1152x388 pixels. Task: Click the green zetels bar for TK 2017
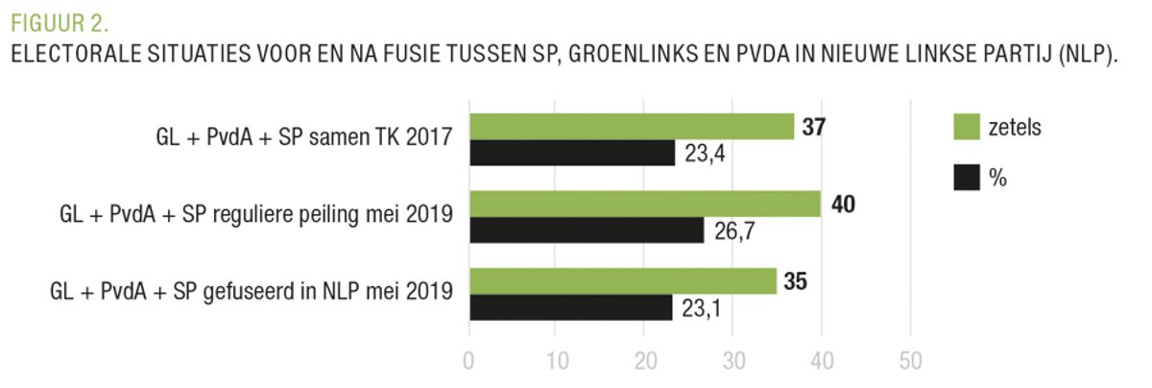click(631, 127)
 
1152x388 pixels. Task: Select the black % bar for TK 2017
click(571, 153)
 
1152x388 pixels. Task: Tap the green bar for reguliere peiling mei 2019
click(644, 204)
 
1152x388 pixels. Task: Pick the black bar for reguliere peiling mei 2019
click(586, 230)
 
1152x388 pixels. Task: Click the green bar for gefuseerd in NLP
click(622, 280)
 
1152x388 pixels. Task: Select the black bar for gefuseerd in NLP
click(570, 306)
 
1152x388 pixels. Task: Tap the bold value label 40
click(842, 204)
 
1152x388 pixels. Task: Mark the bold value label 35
click(797, 281)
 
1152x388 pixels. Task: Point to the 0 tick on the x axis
click(468, 362)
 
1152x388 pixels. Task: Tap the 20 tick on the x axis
click(645, 362)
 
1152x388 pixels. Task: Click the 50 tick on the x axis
click(910, 362)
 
